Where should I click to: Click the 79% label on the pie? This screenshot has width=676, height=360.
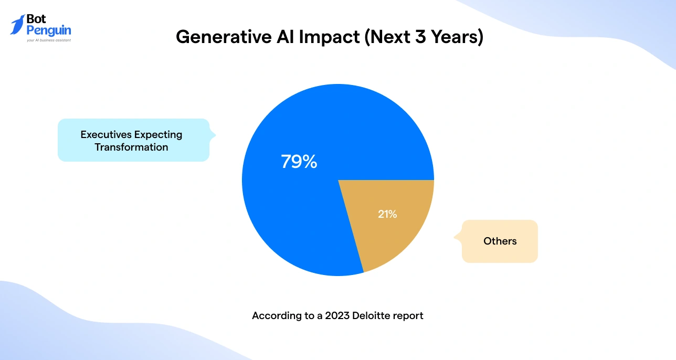[x=299, y=162]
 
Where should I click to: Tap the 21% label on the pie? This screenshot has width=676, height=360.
[x=387, y=214]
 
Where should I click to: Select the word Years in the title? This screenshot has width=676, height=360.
[x=452, y=37]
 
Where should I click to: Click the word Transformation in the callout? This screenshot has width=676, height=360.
[x=131, y=147]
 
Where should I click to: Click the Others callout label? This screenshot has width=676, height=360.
[x=500, y=241]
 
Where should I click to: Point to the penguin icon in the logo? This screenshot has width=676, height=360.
[x=17, y=25]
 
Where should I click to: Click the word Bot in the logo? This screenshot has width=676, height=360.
[x=36, y=19]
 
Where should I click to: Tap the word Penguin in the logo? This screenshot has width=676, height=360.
[x=48, y=30]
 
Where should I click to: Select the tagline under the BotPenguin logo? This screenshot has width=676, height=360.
[x=48, y=40]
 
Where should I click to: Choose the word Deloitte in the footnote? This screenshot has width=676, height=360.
[x=373, y=316]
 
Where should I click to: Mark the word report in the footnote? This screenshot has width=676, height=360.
[x=409, y=316]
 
